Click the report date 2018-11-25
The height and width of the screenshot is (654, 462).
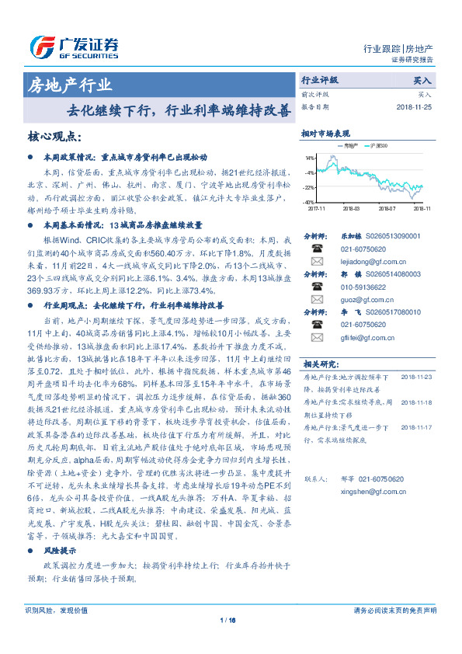415,106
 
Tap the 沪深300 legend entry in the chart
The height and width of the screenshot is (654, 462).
380,145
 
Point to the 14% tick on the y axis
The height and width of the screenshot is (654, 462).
310,158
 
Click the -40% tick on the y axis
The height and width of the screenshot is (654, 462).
309,202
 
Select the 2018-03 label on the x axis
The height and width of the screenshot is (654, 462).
350,208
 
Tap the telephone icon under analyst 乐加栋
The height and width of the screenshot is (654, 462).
316,249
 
